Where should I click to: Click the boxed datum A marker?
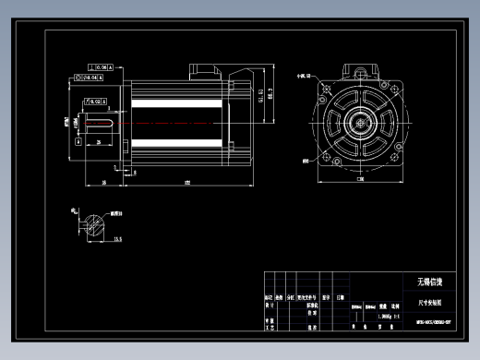coord(78,143)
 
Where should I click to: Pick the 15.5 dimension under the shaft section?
coord(118,238)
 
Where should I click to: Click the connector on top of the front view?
coord(360,70)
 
